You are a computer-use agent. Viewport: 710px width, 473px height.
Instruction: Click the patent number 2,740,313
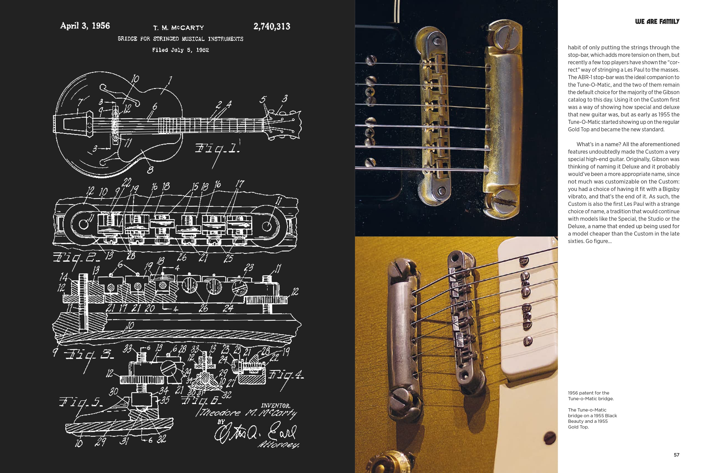click(272, 27)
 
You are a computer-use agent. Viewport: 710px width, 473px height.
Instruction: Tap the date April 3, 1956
click(85, 26)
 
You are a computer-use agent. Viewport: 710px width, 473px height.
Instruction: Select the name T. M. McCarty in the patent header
click(179, 28)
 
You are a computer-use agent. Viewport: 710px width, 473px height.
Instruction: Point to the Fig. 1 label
click(217, 148)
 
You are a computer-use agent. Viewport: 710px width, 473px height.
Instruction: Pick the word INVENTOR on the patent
click(275, 405)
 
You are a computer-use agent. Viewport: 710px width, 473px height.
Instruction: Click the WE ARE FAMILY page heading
click(657, 21)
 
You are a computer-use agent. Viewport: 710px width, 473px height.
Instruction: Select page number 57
click(676, 455)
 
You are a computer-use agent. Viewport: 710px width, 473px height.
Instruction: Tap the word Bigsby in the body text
click(670, 189)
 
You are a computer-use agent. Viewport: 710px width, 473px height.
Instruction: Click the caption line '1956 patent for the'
click(589, 393)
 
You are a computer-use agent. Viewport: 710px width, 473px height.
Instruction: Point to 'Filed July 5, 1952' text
click(181, 50)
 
